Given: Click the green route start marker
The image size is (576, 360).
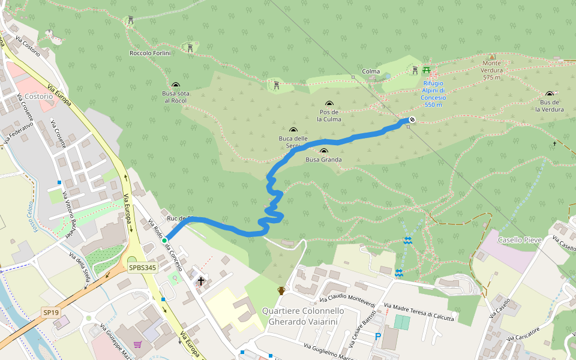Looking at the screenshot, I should click(164, 241).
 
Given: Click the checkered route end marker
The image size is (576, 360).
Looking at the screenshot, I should click(412, 119).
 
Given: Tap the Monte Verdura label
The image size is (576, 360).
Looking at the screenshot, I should click(491, 70).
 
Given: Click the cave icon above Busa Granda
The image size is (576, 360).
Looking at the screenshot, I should click(324, 151).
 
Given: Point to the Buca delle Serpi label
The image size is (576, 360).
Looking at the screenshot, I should click(293, 142).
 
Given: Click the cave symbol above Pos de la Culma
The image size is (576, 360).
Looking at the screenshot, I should click(329, 104).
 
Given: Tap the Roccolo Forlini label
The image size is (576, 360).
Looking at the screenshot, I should click(151, 53).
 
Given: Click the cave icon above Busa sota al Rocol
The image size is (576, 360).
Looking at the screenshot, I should click(175, 85).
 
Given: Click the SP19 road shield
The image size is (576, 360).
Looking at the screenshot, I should click(50, 313).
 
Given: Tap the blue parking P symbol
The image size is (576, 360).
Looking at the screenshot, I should click(377, 337).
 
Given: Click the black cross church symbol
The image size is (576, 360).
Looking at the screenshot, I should click(200, 280).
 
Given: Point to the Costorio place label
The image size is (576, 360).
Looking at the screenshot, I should click(40, 96).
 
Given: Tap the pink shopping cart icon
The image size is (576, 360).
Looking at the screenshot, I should click(137, 344).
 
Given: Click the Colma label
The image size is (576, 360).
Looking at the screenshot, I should click(371, 72).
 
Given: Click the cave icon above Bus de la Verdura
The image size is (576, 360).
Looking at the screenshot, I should click(549, 94).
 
